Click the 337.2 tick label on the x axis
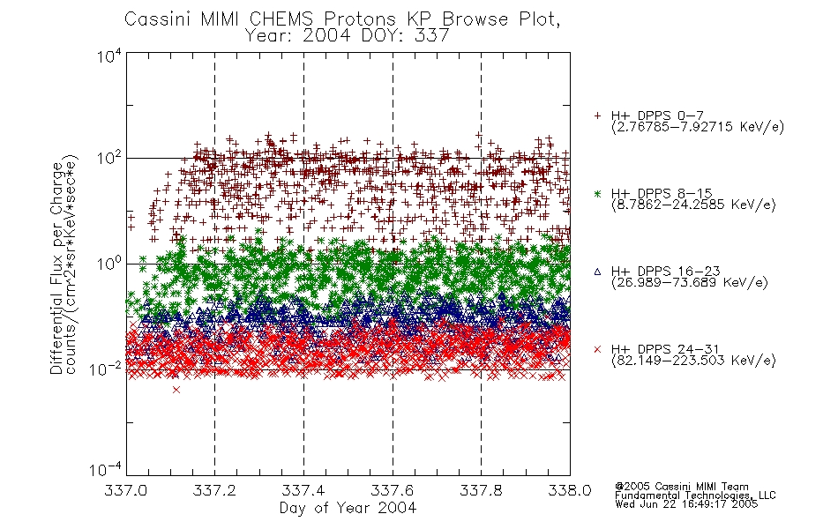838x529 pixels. click(x=214, y=490)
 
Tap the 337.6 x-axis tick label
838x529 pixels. click(x=393, y=490)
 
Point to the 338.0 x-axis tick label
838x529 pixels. click(x=570, y=490)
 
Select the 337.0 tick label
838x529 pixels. click(x=125, y=490)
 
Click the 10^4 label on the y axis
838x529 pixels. click(x=109, y=55)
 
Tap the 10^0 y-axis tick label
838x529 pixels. click(x=109, y=264)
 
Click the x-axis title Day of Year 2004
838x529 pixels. click(x=348, y=508)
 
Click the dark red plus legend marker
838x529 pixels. click(x=597, y=115)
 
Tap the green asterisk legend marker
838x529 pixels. click(x=597, y=193)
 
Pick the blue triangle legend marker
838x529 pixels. click(x=597, y=272)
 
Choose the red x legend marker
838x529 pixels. click(x=597, y=349)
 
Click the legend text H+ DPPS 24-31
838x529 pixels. click(x=665, y=349)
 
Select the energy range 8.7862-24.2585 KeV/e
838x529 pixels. click(x=693, y=205)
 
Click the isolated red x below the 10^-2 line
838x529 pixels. click(x=176, y=390)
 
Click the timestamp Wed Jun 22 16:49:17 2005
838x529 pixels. click(x=686, y=504)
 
